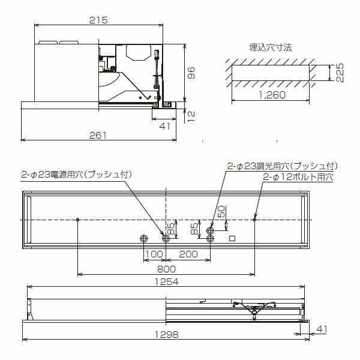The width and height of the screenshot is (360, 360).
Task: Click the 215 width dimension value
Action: pyautogui.click(x=98, y=20)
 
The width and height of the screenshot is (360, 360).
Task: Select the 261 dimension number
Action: pyautogui.click(x=98, y=136)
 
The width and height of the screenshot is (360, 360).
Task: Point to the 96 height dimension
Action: pyautogui.click(x=191, y=73)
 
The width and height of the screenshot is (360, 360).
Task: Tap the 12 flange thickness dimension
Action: pyautogui.click(x=191, y=116)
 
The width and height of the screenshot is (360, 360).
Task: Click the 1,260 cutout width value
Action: pyautogui.click(x=272, y=95)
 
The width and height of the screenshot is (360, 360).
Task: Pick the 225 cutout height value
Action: pyautogui.click(x=340, y=73)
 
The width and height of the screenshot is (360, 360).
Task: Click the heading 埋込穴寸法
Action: pyautogui.click(x=271, y=47)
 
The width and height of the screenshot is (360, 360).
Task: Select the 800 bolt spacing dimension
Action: pyautogui.click(x=166, y=269)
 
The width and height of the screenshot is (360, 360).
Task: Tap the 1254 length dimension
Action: pyautogui.click(x=166, y=282)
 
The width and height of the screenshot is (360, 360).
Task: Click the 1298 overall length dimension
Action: pyautogui.click(x=166, y=335)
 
